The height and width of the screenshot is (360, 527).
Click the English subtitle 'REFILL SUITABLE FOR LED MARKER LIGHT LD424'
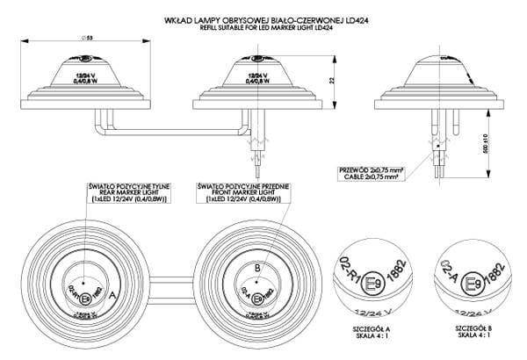[263, 25]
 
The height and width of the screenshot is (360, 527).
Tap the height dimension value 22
[331, 81]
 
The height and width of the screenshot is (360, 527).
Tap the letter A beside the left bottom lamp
[112, 297]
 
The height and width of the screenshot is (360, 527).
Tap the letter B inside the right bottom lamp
[256, 268]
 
